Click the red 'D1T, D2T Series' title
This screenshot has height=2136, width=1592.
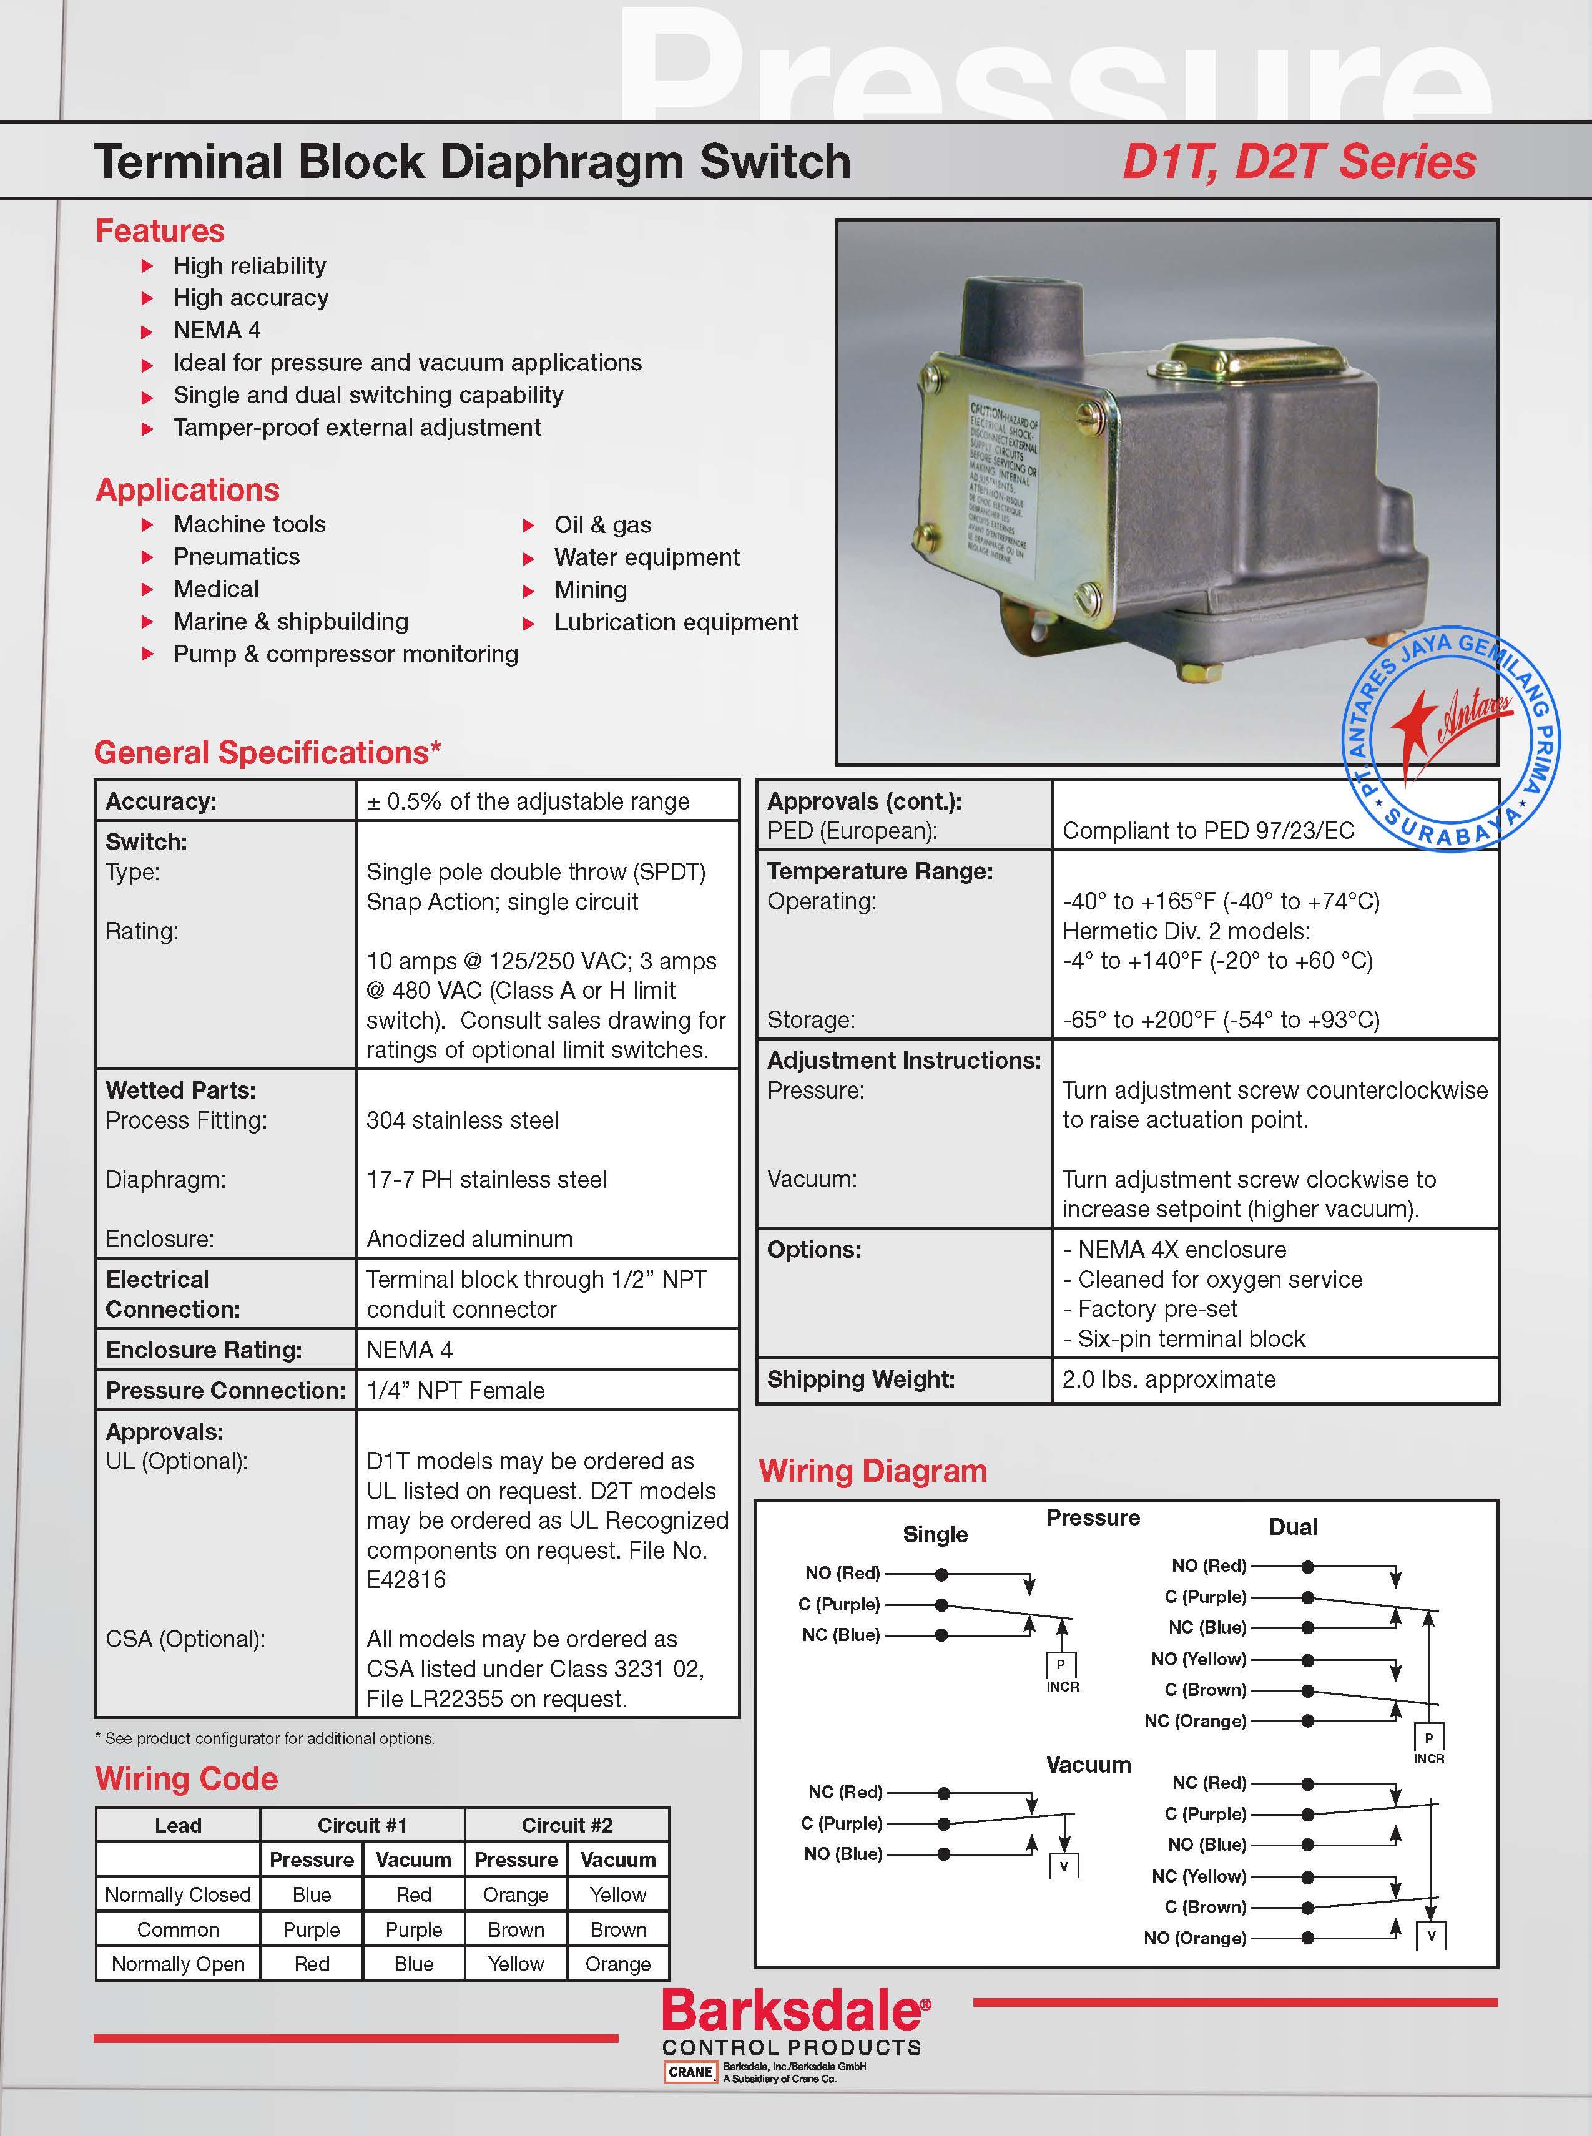tap(1298, 162)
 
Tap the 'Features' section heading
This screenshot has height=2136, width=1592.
tap(160, 231)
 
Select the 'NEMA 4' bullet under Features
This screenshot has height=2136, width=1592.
tap(217, 330)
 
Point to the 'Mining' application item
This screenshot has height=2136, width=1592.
tap(590, 590)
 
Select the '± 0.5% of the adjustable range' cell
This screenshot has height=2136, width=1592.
tap(528, 801)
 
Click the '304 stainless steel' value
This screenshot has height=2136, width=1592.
tap(463, 1120)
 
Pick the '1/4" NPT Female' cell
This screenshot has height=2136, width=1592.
tap(456, 1390)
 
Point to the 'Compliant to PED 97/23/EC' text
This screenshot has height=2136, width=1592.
tap(1207, 831)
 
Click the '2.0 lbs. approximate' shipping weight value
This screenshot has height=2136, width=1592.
tap(1168, 1379)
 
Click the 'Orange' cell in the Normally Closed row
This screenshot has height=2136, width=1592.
tap(516, 1894)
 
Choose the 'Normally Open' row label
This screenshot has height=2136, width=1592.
tap(179, 1964)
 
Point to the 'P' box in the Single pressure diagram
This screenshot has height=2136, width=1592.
tap(1061, 1664)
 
